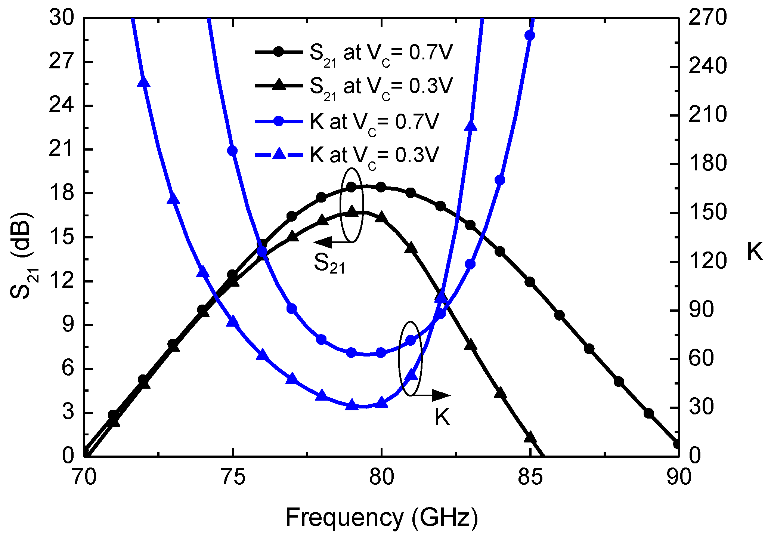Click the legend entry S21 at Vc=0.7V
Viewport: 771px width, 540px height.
pos(381,53)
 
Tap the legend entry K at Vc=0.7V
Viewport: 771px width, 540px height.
pos(374,122)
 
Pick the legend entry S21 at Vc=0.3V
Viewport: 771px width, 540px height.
pos(381,86)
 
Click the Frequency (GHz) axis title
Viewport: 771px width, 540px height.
pos(381,518)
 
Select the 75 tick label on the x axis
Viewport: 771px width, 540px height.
pos(233,478)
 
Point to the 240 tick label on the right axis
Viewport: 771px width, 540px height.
pos(707,67)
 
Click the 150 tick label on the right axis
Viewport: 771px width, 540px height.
pos(707,212)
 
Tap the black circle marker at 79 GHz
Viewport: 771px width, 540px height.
pos(351,187)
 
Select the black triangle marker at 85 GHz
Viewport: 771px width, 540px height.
pos(530,436)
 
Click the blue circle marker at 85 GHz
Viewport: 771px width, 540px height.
pos(530,36)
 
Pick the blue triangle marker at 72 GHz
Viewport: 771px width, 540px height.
pos(143,82)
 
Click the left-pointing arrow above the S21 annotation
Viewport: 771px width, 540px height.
pos(323,242)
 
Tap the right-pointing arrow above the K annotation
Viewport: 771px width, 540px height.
pos(441,395)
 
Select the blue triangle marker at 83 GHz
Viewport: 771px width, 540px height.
pos(471,126)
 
